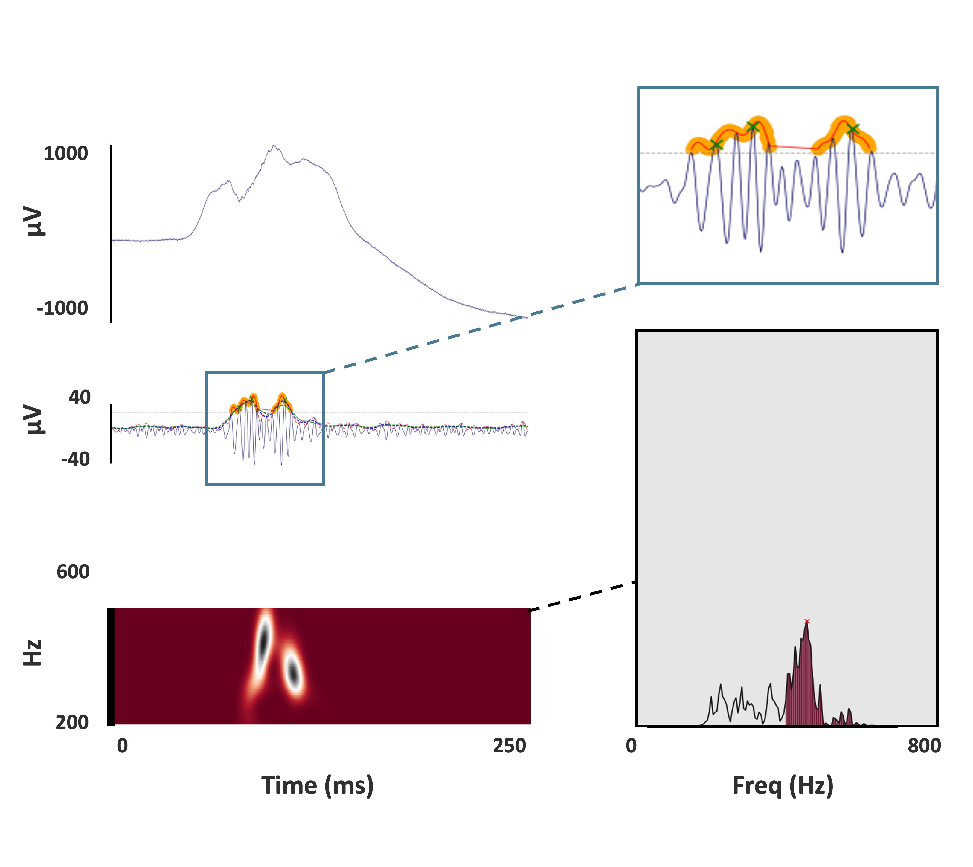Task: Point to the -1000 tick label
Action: click(62, 308)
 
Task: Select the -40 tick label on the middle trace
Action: click(75, 459)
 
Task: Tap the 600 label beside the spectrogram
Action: click(73, 572)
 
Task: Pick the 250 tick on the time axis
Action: click(509, 746)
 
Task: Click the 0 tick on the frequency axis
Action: click(631, 746)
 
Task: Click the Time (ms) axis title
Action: click(317, 786)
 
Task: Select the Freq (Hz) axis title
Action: click(783, 786)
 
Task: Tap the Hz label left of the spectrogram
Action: click(33, 653)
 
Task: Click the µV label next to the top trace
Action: click(34, 221)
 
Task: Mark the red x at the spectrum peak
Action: click(807, 621)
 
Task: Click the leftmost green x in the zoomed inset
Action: click(716, 145)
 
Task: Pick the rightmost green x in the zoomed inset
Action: click(853, 129)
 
